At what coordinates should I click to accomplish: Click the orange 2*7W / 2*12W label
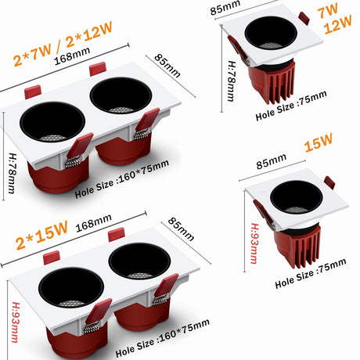pyautogui.click(x=63, y=43)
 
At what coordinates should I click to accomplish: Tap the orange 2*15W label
pyautogui.click(x=41, y=236)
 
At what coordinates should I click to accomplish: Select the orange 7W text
pyautogui.click(x=328, y=11)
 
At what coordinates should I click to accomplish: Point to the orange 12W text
pyautogui.click(x=337, y=24)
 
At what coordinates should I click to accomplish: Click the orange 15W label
pyautogui.click(x=319, y=142)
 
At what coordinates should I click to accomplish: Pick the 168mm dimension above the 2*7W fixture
pyautogui.click(x=72, y=56)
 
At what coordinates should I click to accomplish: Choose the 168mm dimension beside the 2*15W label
pyautogui.click(x=94, y=223)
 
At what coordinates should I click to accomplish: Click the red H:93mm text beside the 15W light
pyautogui.click(x=255, y=243)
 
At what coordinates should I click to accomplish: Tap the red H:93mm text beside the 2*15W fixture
pyautogui.click(x=15, y=322)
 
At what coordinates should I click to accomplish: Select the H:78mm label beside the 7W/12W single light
pyautogui.click(x=231, y=81)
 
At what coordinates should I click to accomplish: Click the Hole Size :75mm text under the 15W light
pyautogui.click(x=311, y=273)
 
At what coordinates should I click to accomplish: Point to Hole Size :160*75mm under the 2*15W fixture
pyautogui.click(x=162, y=338)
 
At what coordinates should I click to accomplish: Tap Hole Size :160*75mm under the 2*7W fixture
pyautogui.click(x=122, y=179)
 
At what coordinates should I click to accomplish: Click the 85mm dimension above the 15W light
pyautogui.click(x=272, y=161)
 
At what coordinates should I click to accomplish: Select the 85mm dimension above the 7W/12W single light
pyautogui.click(x=225, y=8)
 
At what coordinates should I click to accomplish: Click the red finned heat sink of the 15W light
pyautogui.click(x=298, y=246)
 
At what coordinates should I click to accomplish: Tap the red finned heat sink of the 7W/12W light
pyautogui.click(x=272, y=81)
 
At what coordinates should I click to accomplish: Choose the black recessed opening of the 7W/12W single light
pyautogui.click(x=271, y=33)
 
